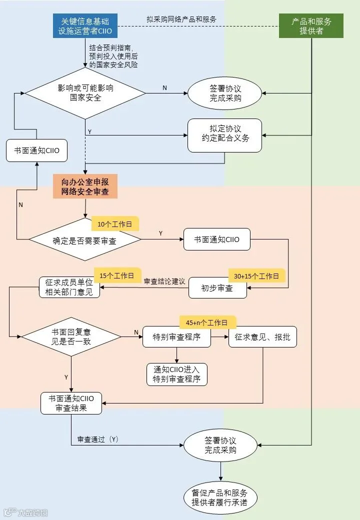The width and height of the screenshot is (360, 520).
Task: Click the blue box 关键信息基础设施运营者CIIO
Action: click(85, 26)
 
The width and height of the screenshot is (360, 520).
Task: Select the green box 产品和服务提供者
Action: click(311, 26)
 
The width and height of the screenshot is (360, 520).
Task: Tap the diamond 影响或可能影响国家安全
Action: click(85, 93)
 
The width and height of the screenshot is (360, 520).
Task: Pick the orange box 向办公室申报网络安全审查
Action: click(85, 186)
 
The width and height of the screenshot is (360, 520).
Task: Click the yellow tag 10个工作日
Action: click(114, 224)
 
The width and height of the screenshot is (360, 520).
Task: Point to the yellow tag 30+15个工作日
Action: click(256, 276)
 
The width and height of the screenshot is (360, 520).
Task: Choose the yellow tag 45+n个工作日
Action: click(207, 322)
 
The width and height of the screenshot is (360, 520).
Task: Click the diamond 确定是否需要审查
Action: click(85, 239)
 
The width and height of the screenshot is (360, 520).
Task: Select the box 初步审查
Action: click(217, 288)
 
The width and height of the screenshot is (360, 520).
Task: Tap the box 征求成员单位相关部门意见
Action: click(69, 287)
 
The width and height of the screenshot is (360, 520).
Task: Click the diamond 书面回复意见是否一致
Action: click(71, 337)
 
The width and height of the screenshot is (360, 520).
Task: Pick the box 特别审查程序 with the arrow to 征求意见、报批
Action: click(176, 337)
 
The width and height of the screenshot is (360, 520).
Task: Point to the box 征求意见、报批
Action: click(262, 337)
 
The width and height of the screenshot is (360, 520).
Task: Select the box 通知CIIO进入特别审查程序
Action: click(176, 374)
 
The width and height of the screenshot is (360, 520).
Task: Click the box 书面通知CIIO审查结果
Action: click(71, 403)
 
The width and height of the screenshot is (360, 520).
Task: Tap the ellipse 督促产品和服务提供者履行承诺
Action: click(220, 498)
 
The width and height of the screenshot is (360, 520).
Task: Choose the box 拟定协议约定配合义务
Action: click(225, 135)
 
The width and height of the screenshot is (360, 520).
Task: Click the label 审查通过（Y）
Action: click(98, 439)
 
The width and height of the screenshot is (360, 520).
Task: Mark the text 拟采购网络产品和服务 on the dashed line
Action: click(181, 19)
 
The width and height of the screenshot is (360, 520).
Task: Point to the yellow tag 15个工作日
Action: click(117, 275)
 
